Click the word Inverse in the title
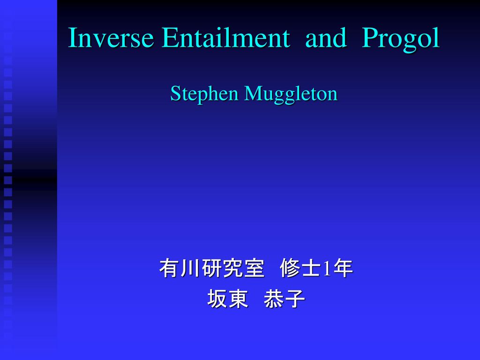click(111, 37)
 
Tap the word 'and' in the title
click(326, 37)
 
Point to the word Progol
click(401, 40)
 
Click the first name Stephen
click(204, 94)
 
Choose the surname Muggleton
click(291, 94)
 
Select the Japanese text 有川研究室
click(212, 268)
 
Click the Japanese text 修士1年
click(316, 268)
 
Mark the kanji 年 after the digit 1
click(343, 268)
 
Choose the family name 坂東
click(227, 299)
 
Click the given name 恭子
click(285, 299)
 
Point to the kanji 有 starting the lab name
click(169, 268)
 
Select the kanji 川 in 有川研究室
click(190, 268)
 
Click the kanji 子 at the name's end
click(295, 299)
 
